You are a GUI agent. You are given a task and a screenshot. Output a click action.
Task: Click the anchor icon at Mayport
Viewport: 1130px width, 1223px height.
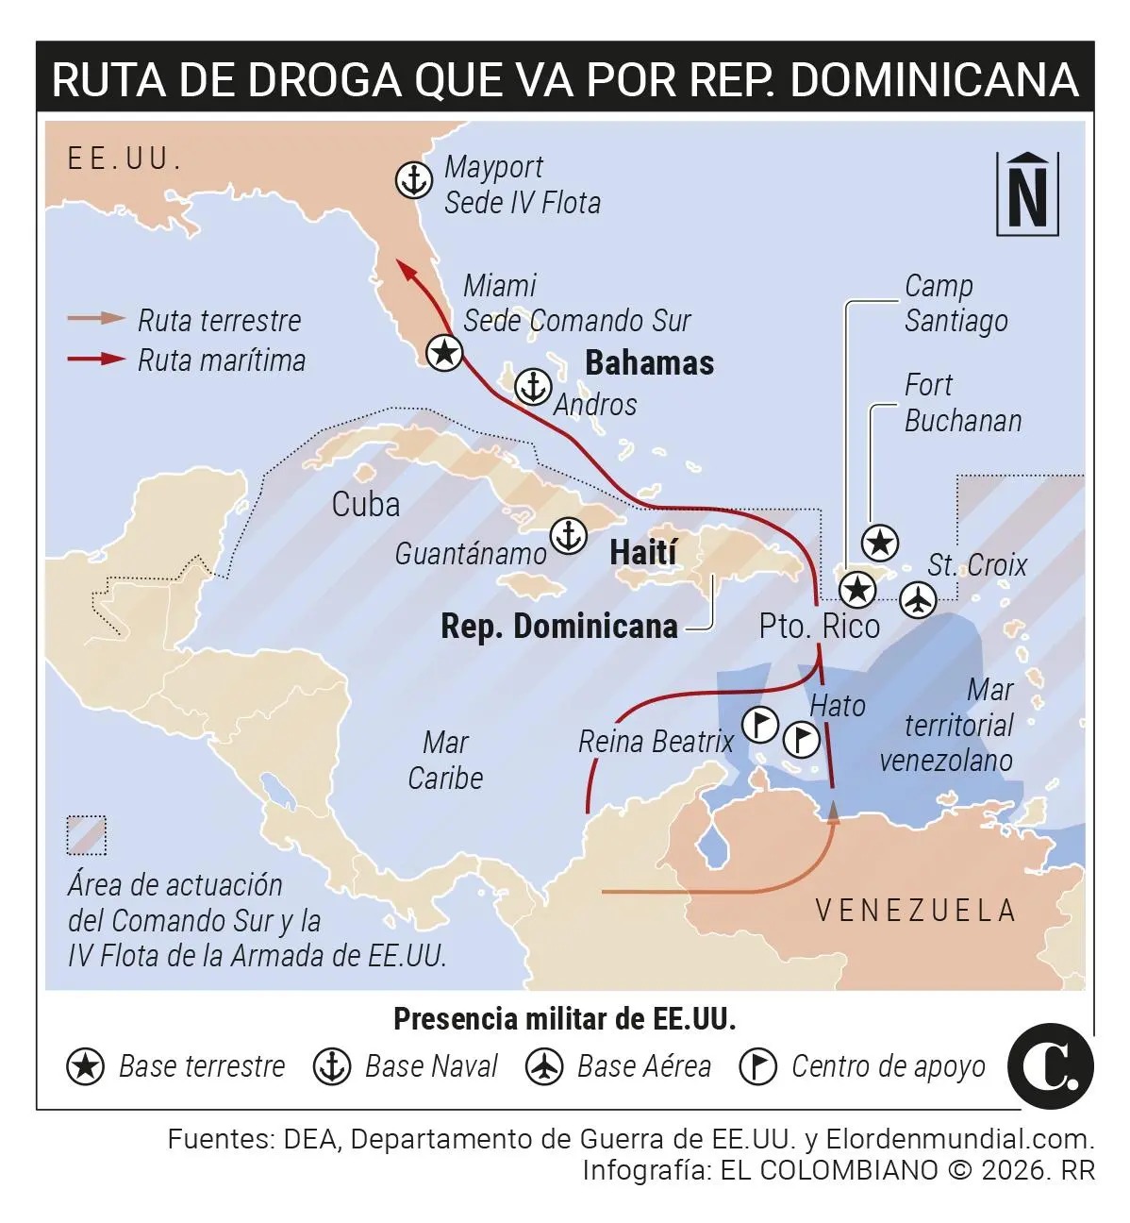point(413,179)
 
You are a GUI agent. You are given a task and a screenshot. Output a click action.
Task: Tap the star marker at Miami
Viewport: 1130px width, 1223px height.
point(444,352)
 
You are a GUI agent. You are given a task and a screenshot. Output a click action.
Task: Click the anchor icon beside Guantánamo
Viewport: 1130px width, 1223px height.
point(569,535)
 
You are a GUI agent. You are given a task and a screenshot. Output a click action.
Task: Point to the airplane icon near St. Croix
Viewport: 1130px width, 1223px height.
point(917,598)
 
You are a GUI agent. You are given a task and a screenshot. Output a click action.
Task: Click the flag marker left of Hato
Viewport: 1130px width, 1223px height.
point(760,725)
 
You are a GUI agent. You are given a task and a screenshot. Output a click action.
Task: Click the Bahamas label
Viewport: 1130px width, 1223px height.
point(649,363)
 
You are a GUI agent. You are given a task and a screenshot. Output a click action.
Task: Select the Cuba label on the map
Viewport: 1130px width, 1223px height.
point(366,505)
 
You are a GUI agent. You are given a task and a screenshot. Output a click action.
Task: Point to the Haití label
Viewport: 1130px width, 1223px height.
point(643,552)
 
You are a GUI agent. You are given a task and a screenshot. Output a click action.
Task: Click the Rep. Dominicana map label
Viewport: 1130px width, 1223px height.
point(559,627)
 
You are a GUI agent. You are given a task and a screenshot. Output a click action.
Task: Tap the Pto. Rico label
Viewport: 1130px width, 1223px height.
point(819,627)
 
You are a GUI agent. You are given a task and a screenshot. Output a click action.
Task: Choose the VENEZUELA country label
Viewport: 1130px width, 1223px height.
point(915,910)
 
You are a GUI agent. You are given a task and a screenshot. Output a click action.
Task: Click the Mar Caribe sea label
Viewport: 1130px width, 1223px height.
point(445,760)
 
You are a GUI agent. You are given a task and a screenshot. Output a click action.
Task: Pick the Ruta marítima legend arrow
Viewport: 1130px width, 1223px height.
point(96,359)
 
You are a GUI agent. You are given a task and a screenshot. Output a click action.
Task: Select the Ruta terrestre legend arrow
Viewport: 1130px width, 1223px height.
point(96,319)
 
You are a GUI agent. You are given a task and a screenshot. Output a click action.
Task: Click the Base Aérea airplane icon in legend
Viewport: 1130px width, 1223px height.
point(545,1066)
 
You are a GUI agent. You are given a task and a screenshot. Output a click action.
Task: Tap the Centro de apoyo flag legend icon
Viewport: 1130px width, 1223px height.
point(758,1066)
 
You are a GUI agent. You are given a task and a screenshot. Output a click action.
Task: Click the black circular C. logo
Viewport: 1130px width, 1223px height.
point(1050,1066)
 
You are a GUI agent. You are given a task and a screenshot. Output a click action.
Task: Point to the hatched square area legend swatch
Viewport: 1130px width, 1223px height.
point(87,836)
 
